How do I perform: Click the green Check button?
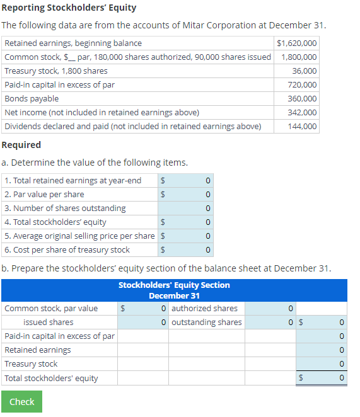click(x=21, y=401)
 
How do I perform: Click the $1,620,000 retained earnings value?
click(x=296, y=43)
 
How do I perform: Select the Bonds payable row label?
click(x=32, y=98)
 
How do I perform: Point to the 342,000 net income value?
click(x=302, y=112)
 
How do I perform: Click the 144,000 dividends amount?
click(x=302, y=126)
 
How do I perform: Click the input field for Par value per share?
click(x=189, y=194)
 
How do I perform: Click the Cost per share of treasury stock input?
click(x=189, y=249)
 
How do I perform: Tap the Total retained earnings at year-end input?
click(x=189, y=180)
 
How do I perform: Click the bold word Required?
click(x=21, y=145)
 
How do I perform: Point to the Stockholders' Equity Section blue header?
click(x=174, y=290)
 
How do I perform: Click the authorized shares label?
click(x=204, y=308)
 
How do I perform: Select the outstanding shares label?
click(x=206, y=322)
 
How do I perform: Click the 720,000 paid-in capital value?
click(x=302, y=84)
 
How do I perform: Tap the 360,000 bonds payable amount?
click(x=302, y=98)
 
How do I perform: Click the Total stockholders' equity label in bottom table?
click(x=51, y=378)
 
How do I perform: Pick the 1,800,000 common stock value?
click(x=299, y=57)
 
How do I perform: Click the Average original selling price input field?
click(x=189, y=236)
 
